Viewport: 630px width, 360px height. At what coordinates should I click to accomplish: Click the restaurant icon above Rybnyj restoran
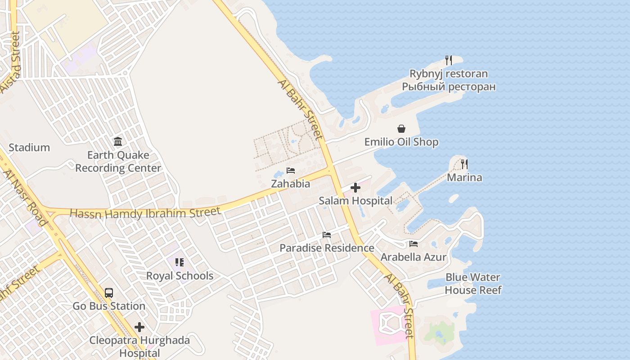449,60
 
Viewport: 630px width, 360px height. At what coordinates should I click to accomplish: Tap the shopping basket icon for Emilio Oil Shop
401,129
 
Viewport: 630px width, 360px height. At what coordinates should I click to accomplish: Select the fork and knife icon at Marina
464,164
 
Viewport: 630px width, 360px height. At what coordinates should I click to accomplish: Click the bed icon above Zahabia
291,171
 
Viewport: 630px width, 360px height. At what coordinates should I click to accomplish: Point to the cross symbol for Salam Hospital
355,188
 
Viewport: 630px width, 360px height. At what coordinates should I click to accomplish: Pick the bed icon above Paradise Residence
327,235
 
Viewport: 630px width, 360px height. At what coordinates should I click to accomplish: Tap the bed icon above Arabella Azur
414,244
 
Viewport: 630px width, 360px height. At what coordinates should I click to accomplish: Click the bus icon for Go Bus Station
109,293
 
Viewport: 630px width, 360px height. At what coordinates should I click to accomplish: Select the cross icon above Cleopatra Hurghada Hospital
139,327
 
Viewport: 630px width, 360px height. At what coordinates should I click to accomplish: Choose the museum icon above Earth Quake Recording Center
118,142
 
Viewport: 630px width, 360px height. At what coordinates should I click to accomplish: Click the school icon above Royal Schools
180,262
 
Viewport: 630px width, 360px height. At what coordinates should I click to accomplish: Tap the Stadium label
29,148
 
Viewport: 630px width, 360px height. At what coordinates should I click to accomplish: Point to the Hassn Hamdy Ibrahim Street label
145,213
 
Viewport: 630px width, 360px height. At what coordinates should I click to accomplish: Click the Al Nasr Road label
26,198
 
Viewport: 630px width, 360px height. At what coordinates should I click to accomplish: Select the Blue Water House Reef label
473,283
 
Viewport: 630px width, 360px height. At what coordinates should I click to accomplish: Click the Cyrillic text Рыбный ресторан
449,87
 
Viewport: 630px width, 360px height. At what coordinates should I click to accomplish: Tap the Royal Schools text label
180,276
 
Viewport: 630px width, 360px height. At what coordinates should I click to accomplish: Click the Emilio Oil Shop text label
401,142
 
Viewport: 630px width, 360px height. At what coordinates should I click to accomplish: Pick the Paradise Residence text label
327,248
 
